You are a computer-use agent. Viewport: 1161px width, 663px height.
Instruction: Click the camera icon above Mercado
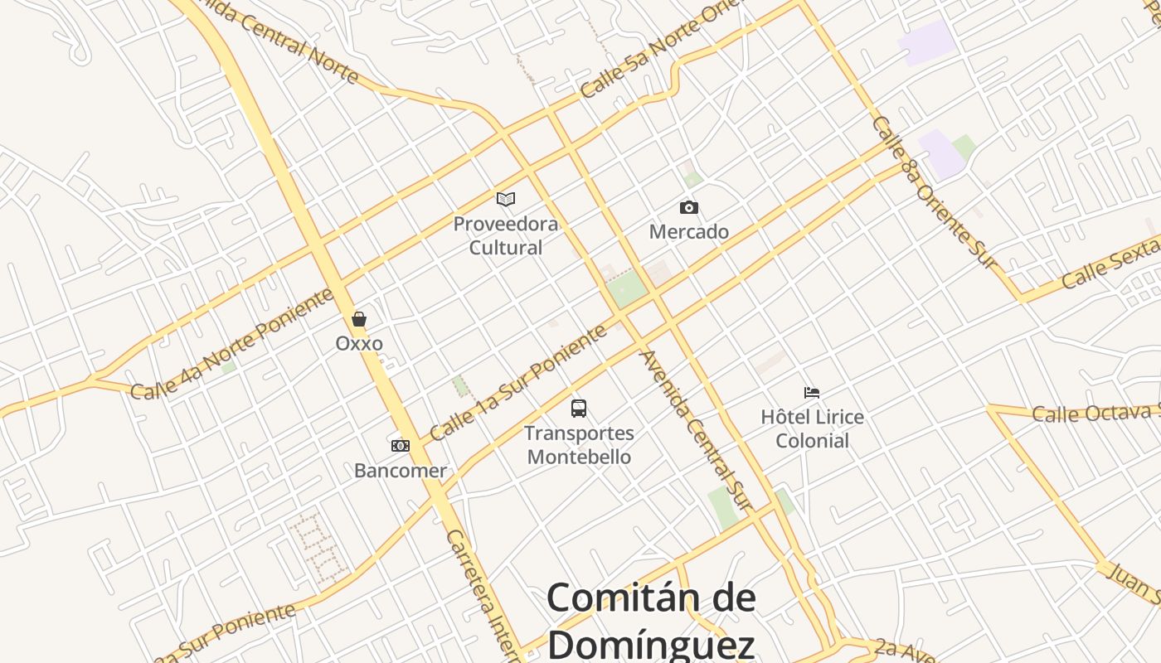[688, 207]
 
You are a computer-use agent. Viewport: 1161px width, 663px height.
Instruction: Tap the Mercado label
[688, 231]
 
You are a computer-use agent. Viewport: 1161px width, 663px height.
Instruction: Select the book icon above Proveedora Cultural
[506, 199]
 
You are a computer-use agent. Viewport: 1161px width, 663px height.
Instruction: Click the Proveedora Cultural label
[506, 235]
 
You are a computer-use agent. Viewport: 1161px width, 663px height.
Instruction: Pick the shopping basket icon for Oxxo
[359, 319]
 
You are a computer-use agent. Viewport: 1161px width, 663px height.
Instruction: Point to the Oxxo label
[359, 343]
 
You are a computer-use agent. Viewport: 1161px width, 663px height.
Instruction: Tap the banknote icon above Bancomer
[401, 446]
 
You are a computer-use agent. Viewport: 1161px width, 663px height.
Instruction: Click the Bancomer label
[401, 471]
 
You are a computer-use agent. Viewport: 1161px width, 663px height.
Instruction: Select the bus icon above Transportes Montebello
[579, 408]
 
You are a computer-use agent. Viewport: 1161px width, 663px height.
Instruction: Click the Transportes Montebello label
[579, 445]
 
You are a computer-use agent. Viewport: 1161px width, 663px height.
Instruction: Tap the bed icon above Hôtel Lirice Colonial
[812, 392]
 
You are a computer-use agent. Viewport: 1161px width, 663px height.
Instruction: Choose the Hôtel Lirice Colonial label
[812, 428]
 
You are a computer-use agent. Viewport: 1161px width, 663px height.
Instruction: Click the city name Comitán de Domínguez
[651, 620]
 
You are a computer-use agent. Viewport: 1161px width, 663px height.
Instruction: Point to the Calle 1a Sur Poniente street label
[518, 383]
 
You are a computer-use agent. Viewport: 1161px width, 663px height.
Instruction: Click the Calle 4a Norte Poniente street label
[232, 345]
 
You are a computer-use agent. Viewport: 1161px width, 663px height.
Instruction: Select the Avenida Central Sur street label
[695, 430]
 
